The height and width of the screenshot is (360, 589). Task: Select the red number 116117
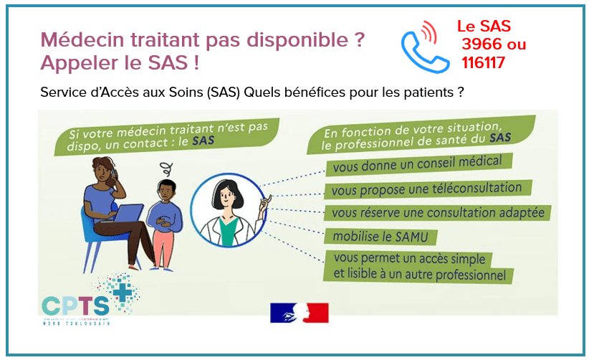(484, 63)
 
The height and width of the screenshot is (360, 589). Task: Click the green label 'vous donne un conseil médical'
(418, 164)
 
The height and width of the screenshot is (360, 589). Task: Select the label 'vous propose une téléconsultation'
(428, 189)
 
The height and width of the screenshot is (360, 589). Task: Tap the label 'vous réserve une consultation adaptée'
(437, 213)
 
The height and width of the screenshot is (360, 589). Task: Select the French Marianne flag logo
(299, 313)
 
